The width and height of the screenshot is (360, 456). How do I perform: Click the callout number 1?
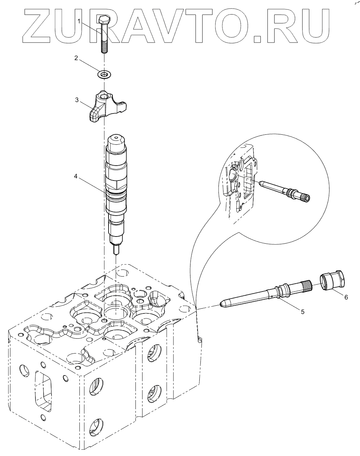(x=79, y=22)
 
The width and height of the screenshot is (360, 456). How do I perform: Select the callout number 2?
(x=76, y=58)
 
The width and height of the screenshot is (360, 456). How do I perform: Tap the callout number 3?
(x=77, y=100)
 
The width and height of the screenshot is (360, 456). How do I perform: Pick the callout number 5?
(x=303, y=312)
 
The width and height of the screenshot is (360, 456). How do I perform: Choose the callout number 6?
(x=346, y=297)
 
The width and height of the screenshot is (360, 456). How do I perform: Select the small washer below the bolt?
(x=104, y=74)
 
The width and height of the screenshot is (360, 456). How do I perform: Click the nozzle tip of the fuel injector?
(x=116, y=250)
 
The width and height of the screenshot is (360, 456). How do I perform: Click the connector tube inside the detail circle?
(x=284, y=191)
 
